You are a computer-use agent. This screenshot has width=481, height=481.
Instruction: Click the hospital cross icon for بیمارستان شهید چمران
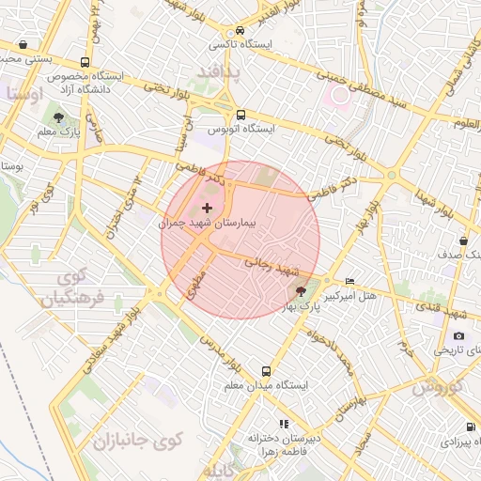click(208, 206)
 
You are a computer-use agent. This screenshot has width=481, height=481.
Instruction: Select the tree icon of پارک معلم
click(59, 117)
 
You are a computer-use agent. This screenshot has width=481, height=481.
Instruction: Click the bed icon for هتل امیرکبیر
click(350, 281)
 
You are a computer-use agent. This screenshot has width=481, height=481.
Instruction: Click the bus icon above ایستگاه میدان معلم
click(267, 371)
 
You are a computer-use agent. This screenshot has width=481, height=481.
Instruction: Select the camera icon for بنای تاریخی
click(458, 335)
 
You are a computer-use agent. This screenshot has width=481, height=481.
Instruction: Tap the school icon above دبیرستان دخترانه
click(284, 424)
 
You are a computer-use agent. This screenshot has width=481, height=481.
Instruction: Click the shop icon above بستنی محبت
click(23, 44)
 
